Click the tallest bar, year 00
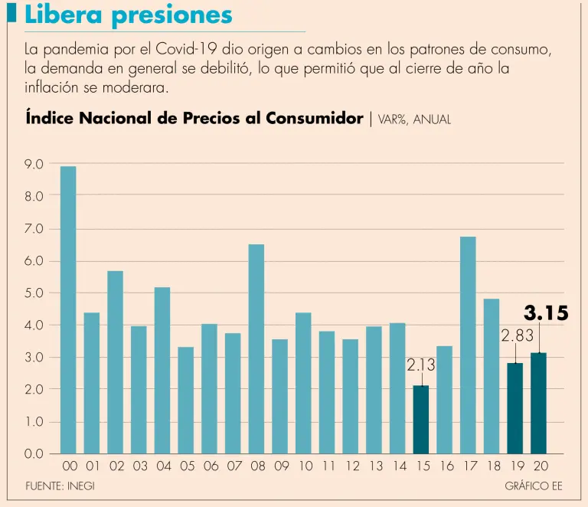pos(68,309)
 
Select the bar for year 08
pos(256,348)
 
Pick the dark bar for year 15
pos(421,420)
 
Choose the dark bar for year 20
pos(538,403)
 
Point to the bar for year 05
pos(186,400)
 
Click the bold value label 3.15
pos(546,313)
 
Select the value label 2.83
pos(517,336)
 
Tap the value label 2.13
pos(421,365)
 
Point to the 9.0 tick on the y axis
pos(34,164)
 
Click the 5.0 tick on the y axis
pos(34,293)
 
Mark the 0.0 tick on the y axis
pos(34,454)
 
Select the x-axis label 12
pos(351,466)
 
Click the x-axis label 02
pos(116,466)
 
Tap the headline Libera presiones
pos(129,15)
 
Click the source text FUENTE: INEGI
pos(60,486)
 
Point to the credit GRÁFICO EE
pos(534,486)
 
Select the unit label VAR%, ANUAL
pos(415,119)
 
